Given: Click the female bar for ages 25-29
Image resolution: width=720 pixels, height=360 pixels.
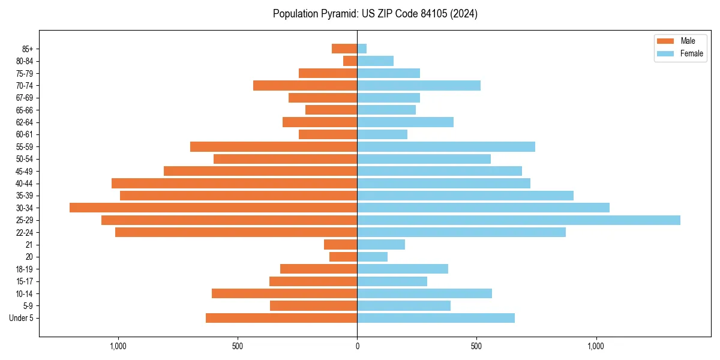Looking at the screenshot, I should pos(518,220).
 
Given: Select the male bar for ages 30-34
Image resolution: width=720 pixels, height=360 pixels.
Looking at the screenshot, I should pos(213,208).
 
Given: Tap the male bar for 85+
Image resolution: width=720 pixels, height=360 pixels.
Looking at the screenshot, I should pos(344,49).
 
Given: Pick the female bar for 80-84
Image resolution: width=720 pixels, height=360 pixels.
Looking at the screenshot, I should pos(375,61).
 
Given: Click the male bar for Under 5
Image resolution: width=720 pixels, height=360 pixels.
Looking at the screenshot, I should pos(281,318).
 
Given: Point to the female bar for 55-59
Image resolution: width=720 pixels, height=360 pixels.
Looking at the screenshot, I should pos(446,146).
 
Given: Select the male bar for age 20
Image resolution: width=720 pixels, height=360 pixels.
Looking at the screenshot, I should pos(343,257).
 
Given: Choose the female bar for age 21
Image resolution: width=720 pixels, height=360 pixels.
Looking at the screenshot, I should pos(381,245).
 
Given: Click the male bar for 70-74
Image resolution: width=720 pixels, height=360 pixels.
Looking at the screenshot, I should pos(305,85).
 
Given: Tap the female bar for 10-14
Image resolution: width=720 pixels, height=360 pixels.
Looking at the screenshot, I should pos(424,293).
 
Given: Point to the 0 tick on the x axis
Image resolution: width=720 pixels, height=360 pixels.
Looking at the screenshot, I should pos(357,346).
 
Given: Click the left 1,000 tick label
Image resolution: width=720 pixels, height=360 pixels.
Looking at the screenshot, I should pos(118,346).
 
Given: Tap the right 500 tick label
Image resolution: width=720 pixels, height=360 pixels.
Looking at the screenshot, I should pos(476,346).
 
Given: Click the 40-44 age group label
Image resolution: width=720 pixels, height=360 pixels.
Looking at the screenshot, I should pos(24,184).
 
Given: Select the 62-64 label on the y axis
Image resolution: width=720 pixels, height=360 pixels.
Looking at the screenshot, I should pos(24,122).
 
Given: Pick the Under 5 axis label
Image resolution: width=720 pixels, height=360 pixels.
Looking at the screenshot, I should pos(21,318).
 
